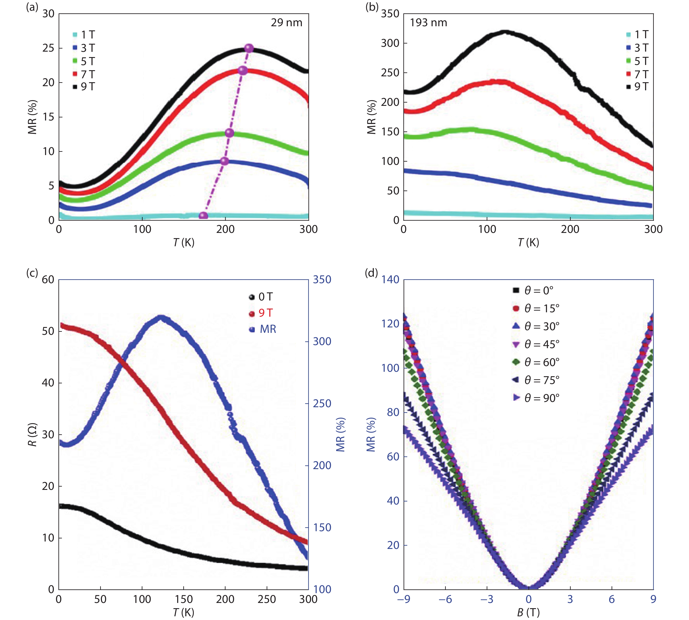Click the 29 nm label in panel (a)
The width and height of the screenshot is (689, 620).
coord(286,23)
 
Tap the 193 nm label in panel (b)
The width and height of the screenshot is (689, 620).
coord(428,23)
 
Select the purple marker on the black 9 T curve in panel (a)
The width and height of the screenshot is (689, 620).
coord(249,48)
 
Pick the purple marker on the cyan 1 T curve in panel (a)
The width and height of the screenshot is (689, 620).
coord(203,216)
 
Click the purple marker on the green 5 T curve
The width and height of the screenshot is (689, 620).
coord(230,133)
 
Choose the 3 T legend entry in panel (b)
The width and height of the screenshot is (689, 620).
coord(638,48)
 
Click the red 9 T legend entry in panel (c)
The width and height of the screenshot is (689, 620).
coord(261,313)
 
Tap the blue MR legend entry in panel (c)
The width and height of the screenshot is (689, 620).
coord(263,329)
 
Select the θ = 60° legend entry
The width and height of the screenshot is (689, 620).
coord(536,362)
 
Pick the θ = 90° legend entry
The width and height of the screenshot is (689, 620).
coord(536,398)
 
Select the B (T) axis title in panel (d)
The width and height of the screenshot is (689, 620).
coord(528,612)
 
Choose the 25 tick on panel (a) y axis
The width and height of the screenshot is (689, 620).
coord(48,48)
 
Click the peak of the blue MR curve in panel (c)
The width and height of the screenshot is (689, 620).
coord(161,317)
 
